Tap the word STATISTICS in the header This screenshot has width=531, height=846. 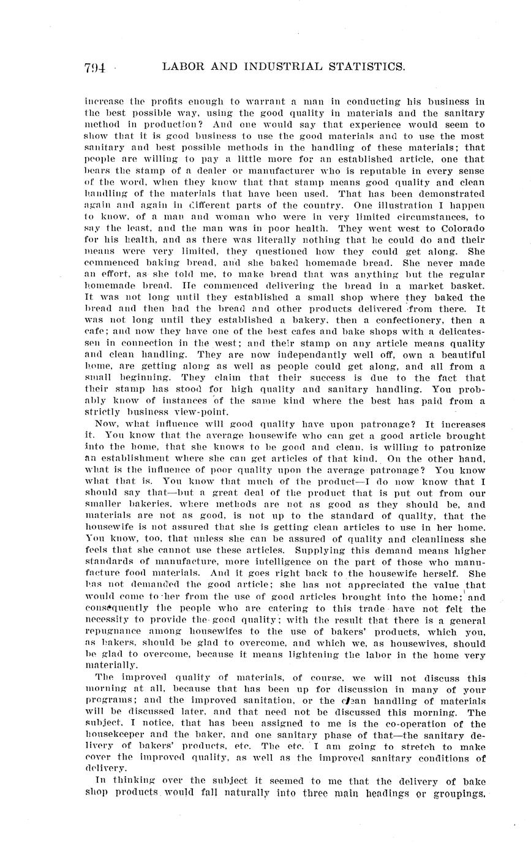tap(362, 67)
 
